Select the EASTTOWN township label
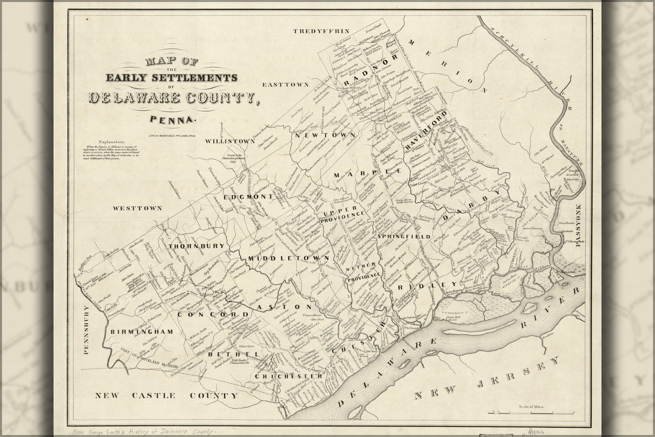pos(286,84)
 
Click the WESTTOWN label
pos(138,208)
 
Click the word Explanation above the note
pos(112,142)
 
